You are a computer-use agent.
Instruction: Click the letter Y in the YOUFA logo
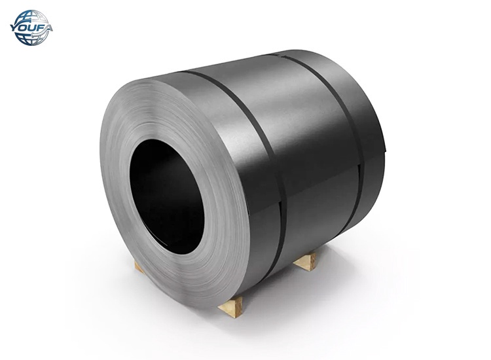15,27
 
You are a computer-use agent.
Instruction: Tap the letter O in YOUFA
23,27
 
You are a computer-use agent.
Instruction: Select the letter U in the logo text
31,27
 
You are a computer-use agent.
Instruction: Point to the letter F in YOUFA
39,27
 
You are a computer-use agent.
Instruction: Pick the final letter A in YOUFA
47,27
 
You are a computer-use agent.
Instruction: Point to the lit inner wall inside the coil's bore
196,216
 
